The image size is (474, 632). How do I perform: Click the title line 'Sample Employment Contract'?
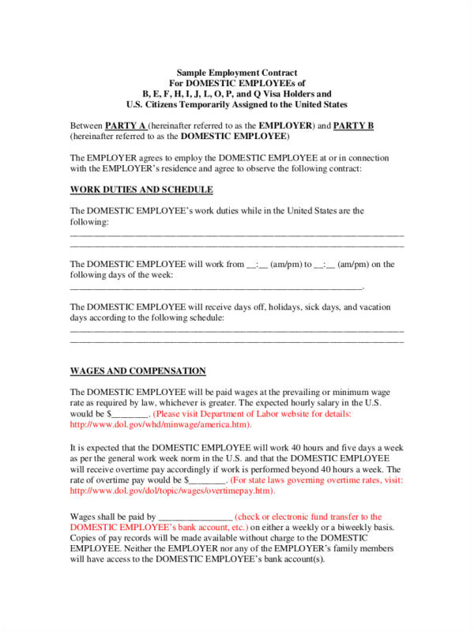pyautogui.click(x=236, y=72)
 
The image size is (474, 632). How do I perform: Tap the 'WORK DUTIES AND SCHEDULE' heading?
pyautogui.click(x=141, y=190)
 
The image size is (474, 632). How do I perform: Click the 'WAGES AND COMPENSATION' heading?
pyautogui.click(x=138, y=371)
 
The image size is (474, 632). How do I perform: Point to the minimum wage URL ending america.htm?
pyautogui.click(x=161, y=424)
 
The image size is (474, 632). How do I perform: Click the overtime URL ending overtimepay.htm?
pyautogui.click(x=173, y=491)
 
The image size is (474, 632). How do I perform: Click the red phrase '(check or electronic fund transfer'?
pyautogui.click(x=309, y=516)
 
